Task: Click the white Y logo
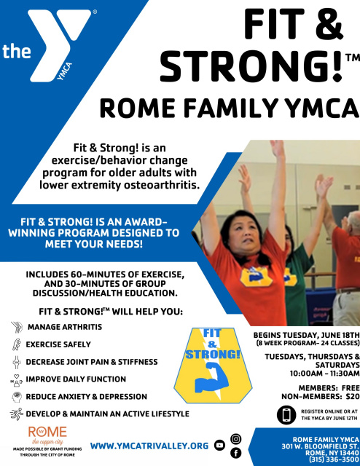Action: click(x=60, y=44)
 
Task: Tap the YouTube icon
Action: click(x=219, y=445)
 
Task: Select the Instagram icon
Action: click(x=236, y=438)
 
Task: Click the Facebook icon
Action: click(x=236, y=453)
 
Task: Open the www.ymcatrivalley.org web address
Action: click(x=149, y=446)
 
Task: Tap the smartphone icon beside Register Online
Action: click(x=286, y=415)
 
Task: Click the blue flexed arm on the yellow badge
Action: click(x=212, y=376)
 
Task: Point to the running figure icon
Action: click(x=17, y=414)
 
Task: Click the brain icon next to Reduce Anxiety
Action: click(x=17, y=397)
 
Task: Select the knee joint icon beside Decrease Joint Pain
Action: click(x=17, y=362)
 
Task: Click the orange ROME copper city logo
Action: click(x=47, y=435)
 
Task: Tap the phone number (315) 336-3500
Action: click(x=334, y=459)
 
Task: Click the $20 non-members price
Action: click(x=353, y=396)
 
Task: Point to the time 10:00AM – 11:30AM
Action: click(x=324, y=374)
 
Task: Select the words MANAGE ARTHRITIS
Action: click(x=65, y=327)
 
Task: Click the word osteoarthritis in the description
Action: click(x=161, y=185)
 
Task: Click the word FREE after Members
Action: click(x=351, y=388)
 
